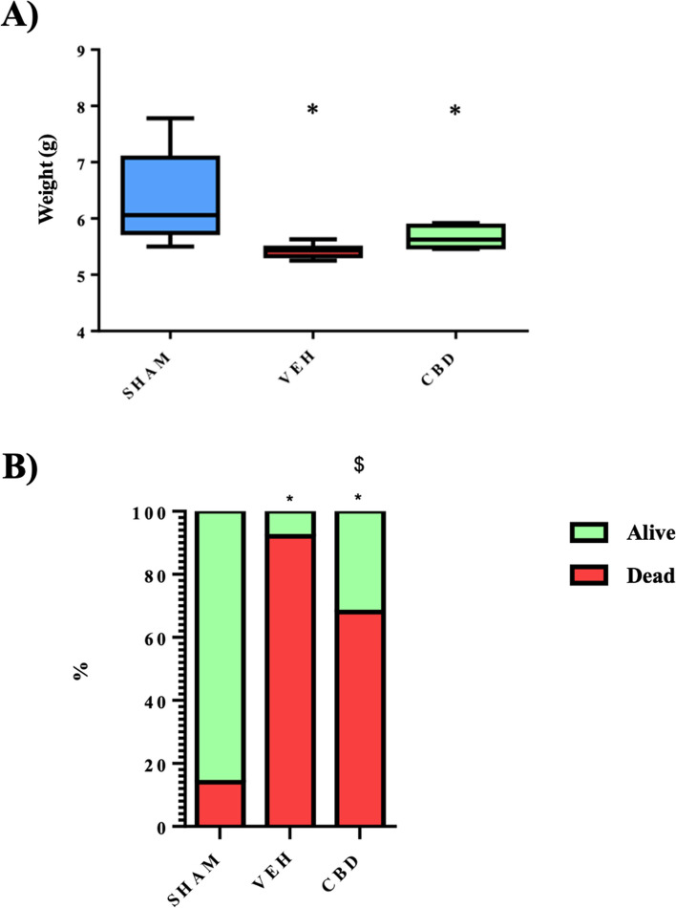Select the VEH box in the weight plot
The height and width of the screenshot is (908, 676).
tap(312, 252)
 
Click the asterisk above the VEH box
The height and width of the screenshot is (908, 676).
tap(312, 111)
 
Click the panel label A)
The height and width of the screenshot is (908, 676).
tap(20, 18)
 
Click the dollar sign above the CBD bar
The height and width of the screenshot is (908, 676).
tap(359, 465)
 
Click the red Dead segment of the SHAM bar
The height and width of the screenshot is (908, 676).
tap(221, 803)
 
